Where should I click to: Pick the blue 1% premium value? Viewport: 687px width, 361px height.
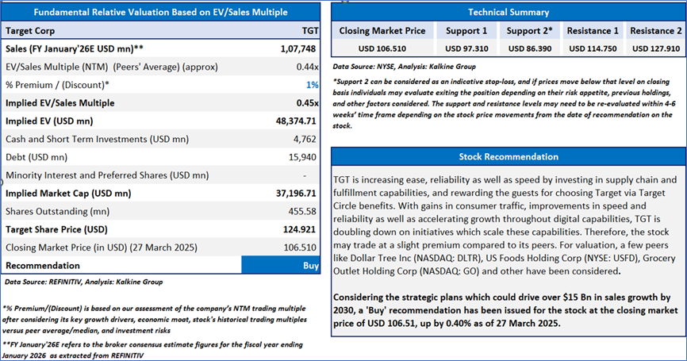[x=313, y=85]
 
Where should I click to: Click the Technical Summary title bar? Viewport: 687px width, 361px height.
[x=508, y=12]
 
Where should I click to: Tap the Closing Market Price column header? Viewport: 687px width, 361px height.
[x=382, y=31]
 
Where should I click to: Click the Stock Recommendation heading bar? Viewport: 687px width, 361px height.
[x=508, y=156]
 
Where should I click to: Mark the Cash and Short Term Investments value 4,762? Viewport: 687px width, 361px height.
[x=306, y=139]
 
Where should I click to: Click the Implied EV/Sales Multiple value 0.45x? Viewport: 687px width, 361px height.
[x=306, y=103]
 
